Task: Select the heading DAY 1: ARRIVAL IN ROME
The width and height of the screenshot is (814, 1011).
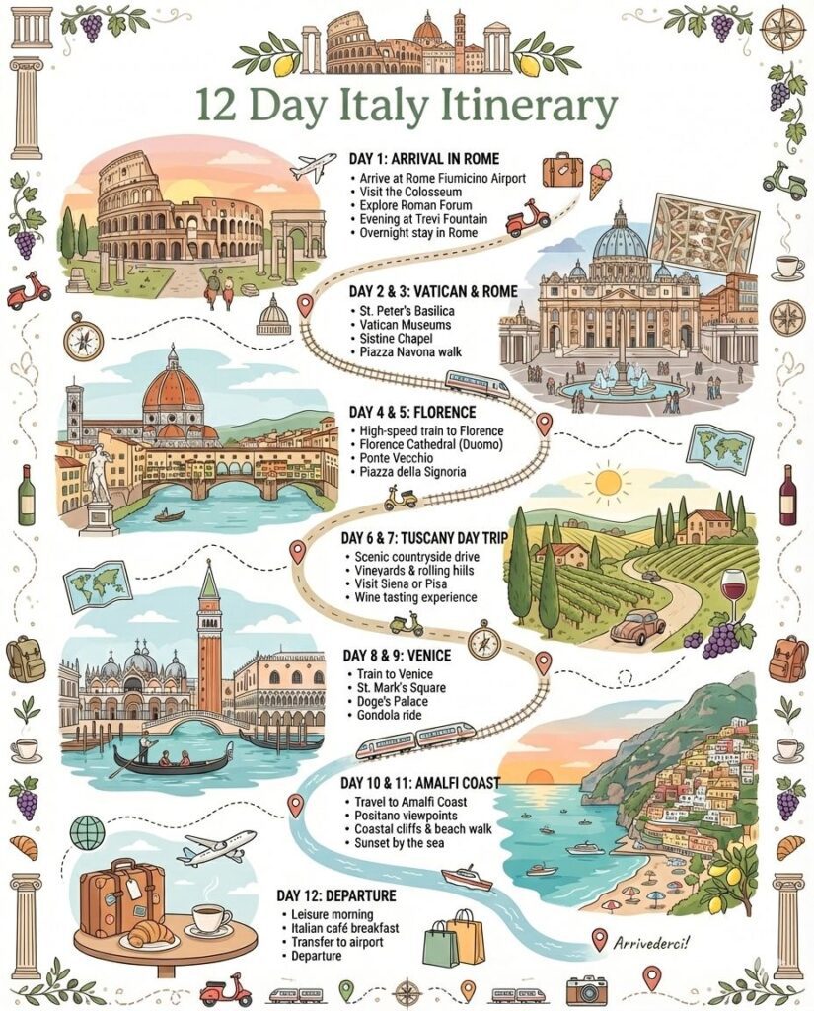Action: pyautogui.click(x=424, y=159)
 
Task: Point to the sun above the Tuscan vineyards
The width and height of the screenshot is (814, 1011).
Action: pyautogui.click(x=607, y=483)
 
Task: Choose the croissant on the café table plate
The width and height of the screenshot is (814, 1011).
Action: pyautogui.click(x=149, y=932)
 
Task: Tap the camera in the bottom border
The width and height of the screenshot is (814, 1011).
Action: pyautogui.click(x=586, y=989)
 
